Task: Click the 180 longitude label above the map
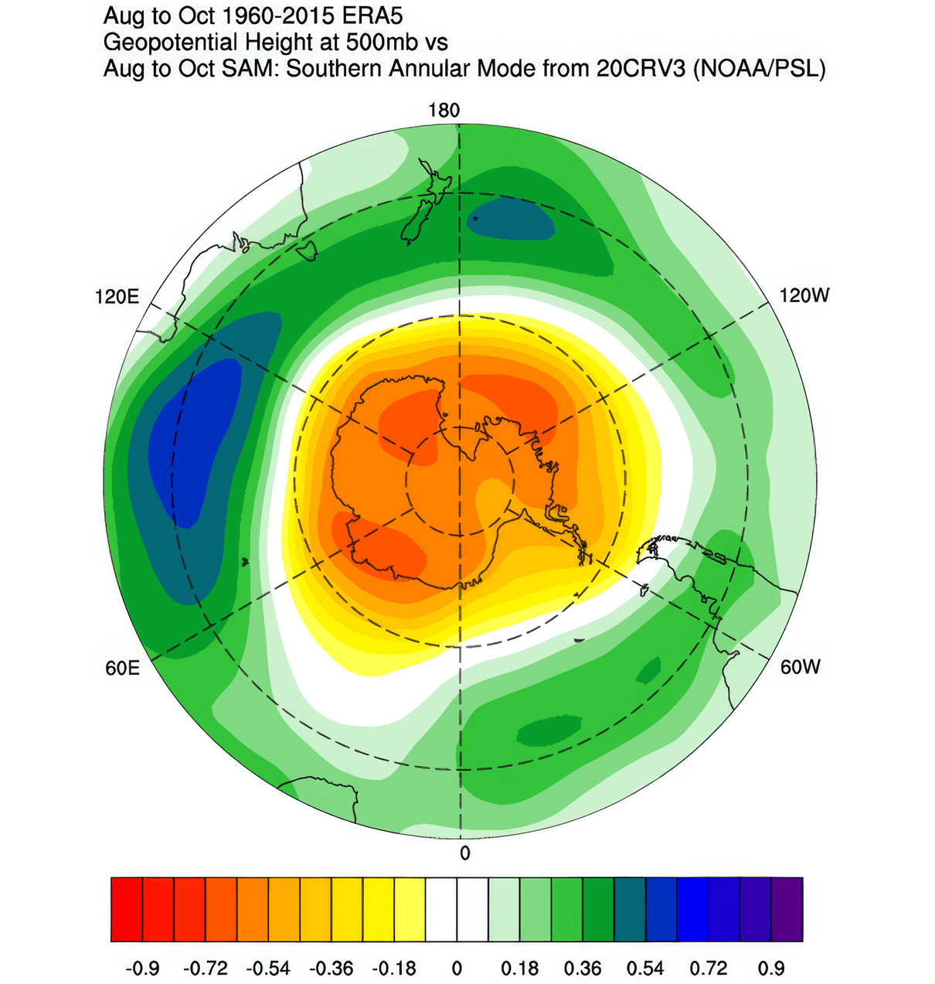(x=444, y=111)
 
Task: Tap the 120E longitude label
(x=117, y=297)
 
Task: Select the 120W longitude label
(x=804, y=295)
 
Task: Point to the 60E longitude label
(x=123, y=667)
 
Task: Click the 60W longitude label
(x=800, y=666)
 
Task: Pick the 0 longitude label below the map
(x=464, y=853)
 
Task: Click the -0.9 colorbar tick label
(x=142, y=968)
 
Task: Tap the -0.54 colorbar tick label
(x=269, y=968)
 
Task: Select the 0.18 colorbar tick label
(x=520, y=968)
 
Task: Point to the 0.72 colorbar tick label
(x=709, y=968)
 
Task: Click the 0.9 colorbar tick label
(x=771, y=968)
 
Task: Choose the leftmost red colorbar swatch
(x=127, y=909)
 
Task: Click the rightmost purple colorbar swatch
(x=787, y=909)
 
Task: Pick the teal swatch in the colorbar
(x=630, y=909)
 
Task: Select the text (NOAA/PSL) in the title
(x=760, y=69)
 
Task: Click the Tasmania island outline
(x=307, y=250)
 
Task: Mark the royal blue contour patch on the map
(x=193, y=441)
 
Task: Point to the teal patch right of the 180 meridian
(x=512, y=219)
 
